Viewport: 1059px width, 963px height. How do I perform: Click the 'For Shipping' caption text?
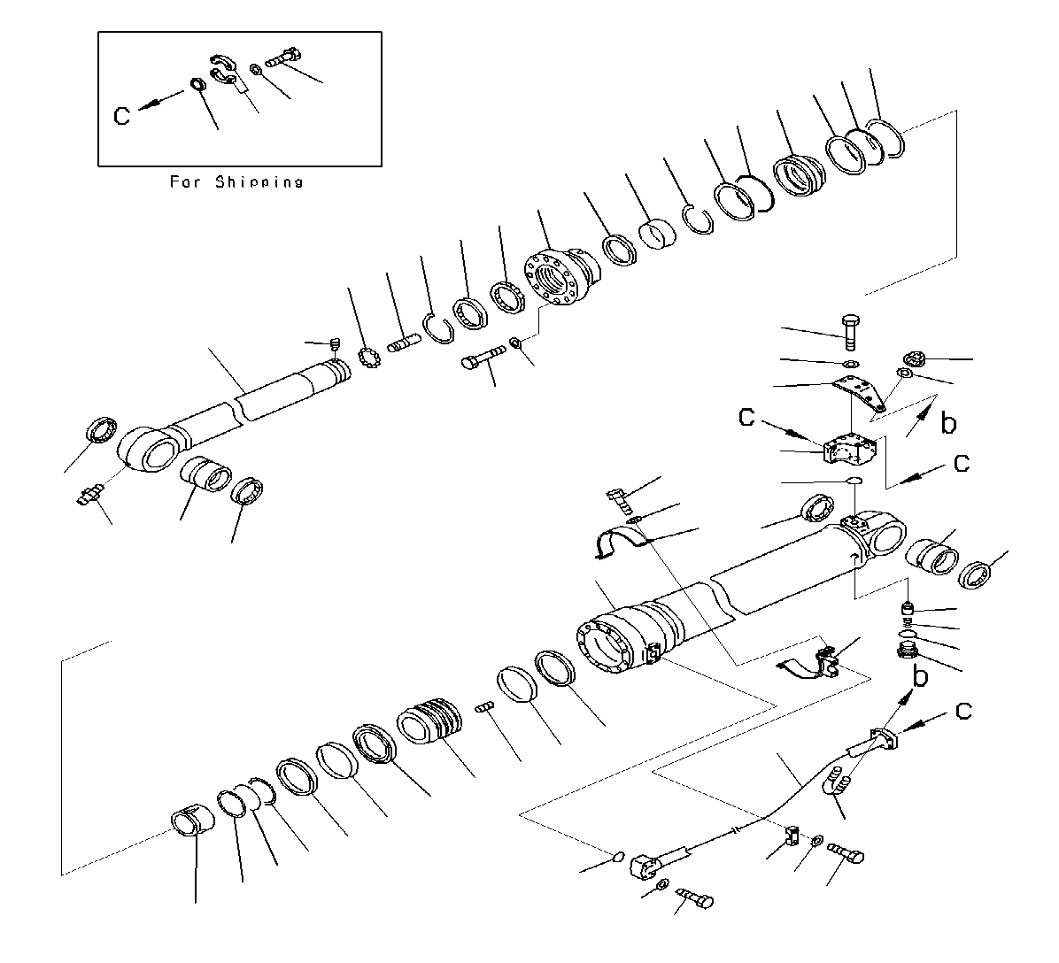236,181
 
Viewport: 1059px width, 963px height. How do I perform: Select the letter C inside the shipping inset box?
123,115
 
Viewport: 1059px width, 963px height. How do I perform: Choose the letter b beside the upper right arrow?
947,424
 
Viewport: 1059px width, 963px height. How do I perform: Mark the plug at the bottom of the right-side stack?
907,655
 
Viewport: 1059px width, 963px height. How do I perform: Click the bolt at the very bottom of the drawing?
696,899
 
